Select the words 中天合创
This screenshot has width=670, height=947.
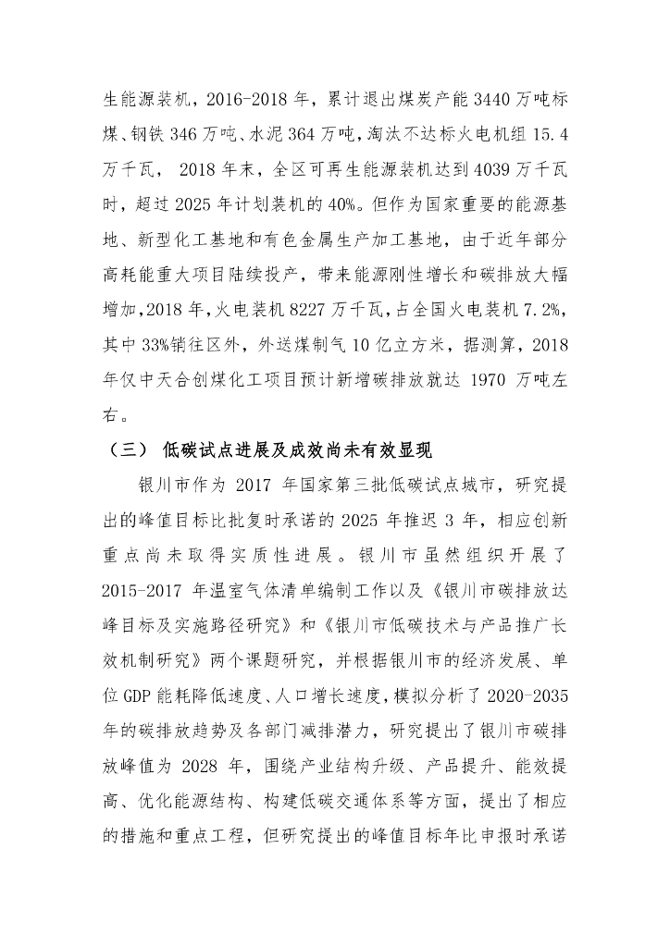coord(179,381)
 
